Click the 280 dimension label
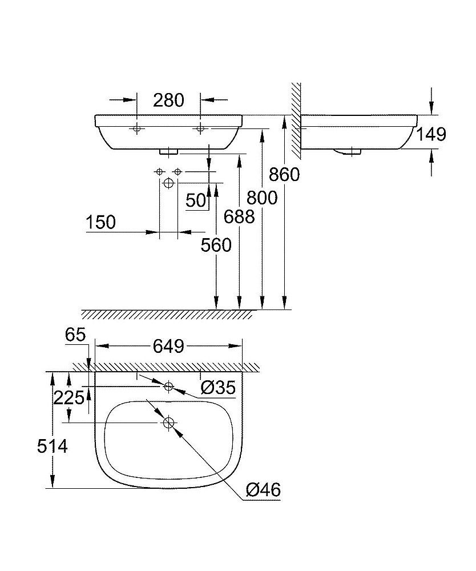[169, 100]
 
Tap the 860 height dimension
[284, 174]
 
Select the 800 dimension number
[261, 198]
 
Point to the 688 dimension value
[239, 216]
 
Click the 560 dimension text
[216, 245]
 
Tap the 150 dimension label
[100, 223]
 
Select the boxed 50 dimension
[196, 200]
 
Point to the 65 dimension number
[75, 334]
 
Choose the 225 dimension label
[68, 398]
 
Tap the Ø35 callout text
[217, 388]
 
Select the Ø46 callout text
[263, 489]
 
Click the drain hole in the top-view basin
[168, 423]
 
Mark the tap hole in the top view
[168, 387]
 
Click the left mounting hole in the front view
[137, 129]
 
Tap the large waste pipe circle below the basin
[168, 184]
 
